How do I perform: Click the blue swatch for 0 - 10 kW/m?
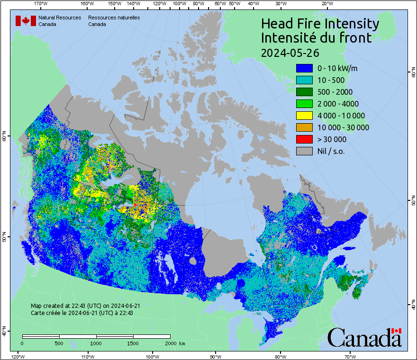coord(304,68)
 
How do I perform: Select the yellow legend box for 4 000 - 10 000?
coord(304,116)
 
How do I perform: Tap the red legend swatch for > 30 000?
coord(304,139)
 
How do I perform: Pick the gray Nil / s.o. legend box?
coord(304,151)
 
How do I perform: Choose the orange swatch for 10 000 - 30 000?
coord(304,127)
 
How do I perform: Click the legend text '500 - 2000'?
coord(335,92)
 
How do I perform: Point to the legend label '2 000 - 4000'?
coord(338,104)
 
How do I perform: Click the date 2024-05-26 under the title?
coord(290,52)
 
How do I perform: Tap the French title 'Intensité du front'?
coord(316,38)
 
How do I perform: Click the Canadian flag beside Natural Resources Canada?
coord(26,20)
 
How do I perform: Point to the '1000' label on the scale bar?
coord(96,343)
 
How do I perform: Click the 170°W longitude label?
coord(41,4)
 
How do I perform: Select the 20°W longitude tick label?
coord(326,4)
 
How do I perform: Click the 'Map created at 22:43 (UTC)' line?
coord(85,306)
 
